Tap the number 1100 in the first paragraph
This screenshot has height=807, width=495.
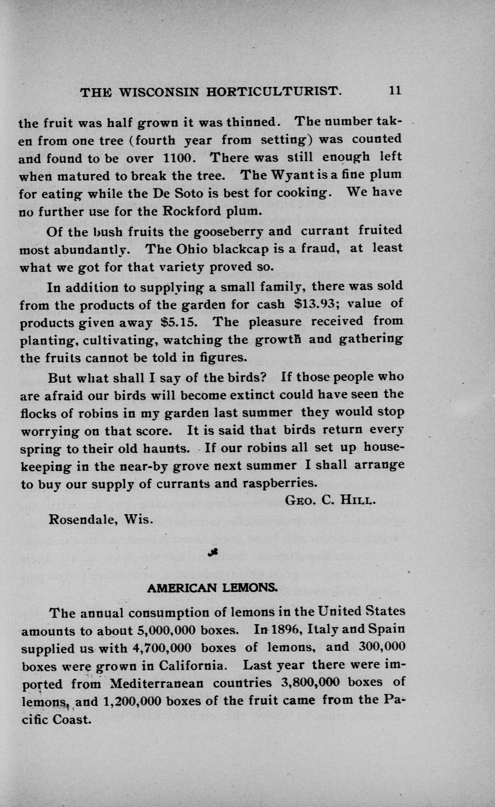179,158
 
